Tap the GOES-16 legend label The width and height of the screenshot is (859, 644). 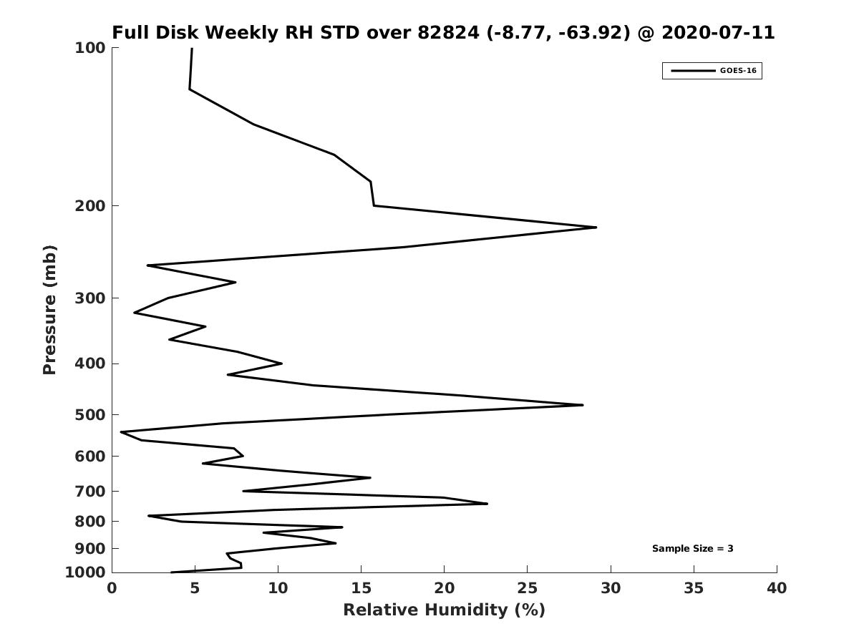click(738, 71)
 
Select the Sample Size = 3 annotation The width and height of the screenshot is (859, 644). click(692, 549)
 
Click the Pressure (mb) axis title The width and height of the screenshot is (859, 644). click(49, 310)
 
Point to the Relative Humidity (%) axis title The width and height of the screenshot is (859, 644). click(444, 610)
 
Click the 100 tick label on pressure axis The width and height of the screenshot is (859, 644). click(90, 48)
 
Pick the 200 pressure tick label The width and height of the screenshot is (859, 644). click(90, 206)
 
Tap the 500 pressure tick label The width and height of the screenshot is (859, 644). click(90, 415)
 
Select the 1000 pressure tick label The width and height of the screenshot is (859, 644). click(85, 572)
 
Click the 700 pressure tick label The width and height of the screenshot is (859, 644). click(90, 492)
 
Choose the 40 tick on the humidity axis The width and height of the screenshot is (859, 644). click(777, 589)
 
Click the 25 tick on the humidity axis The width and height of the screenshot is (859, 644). click(528, 589)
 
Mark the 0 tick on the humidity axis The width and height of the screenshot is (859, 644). click(112, 589)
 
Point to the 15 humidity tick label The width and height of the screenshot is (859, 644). click(361, 589)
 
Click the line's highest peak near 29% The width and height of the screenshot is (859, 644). click(596, 228)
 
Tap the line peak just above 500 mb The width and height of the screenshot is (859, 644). click(582, 405)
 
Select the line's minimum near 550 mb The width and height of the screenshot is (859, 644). click(122, 432)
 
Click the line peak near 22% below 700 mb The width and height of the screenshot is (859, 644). click(487, 504)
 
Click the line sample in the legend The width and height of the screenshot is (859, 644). click(693, 71)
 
